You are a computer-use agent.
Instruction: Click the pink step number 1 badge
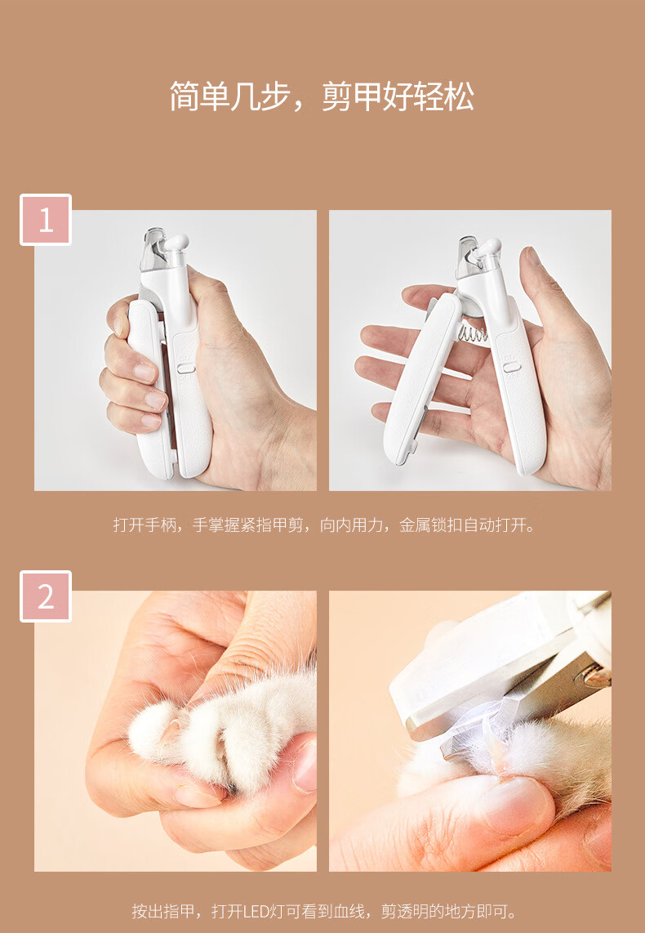tap(46, 220)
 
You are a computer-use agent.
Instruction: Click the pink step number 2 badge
tap(46, 596)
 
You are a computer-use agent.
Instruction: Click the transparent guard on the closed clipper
tap(152, 250)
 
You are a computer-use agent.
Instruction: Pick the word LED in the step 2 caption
tap(256, 911)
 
